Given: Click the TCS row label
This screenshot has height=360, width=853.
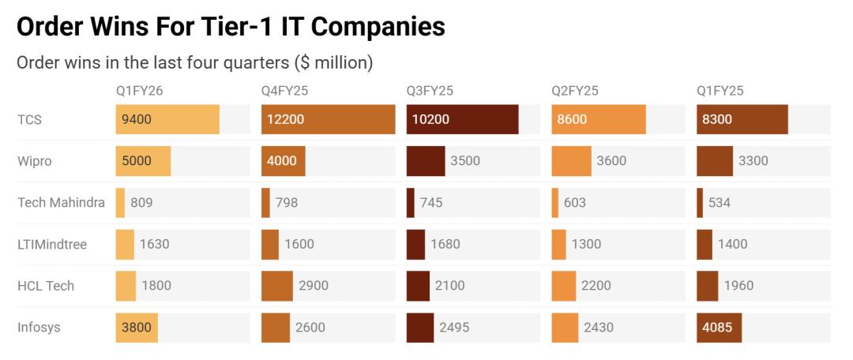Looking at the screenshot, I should click(x=29, y=119).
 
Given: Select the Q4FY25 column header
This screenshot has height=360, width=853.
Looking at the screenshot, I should click(x=284, y=91).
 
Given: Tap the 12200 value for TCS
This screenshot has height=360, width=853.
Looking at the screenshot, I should click(x=285, y=119).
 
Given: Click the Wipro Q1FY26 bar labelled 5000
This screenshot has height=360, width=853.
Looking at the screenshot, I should click(x=142, y=161).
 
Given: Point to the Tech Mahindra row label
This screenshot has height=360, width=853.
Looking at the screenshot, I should click(x=61, y=203).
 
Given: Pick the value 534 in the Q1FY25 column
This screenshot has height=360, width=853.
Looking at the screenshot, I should click(x=720, y=203).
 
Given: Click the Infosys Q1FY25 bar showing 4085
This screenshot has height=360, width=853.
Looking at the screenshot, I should click(x=719, y=328).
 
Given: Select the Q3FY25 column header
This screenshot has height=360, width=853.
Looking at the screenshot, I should click(x=430, y=91).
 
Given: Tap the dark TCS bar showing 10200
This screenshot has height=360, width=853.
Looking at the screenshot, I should click(x=462, y=119).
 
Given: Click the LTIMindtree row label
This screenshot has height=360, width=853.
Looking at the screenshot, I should click(x=53, y=244).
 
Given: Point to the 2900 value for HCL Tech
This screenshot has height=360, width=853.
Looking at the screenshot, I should click(x=314, y=286).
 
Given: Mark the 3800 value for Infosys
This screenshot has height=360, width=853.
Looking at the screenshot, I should click(x=137, y=328).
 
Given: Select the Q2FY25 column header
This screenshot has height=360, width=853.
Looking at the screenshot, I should click(x=575, y=91).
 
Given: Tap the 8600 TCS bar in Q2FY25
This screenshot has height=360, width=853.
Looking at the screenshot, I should click(x=598, y=119).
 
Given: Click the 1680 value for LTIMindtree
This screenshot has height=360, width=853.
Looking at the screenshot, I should click(x=446, y=244).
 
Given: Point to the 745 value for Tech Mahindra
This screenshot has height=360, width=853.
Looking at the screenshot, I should click(x=431, y=203).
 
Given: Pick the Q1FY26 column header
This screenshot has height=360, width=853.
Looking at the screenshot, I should click(x=139, y=91).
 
